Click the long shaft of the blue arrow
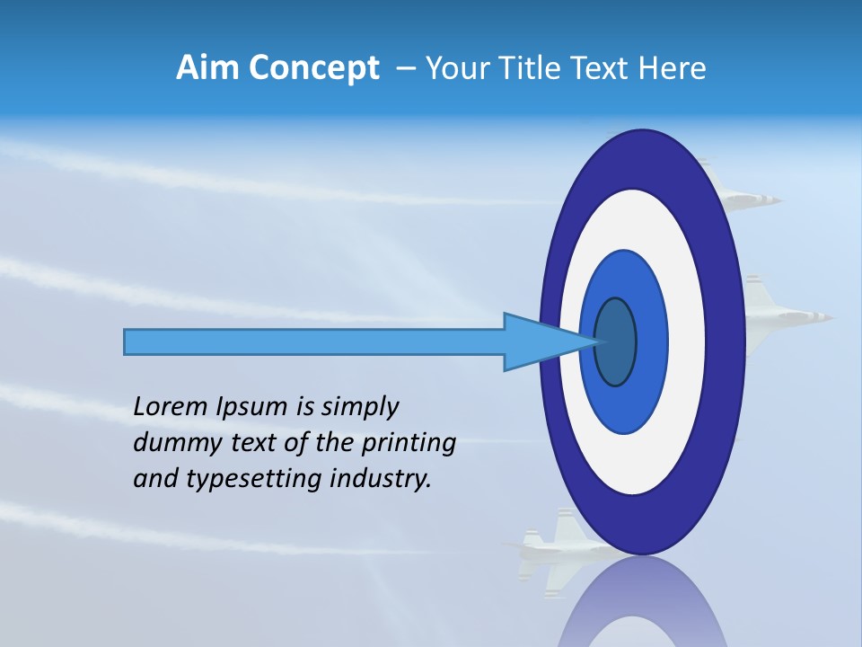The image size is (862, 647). (x=314, y=341)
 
